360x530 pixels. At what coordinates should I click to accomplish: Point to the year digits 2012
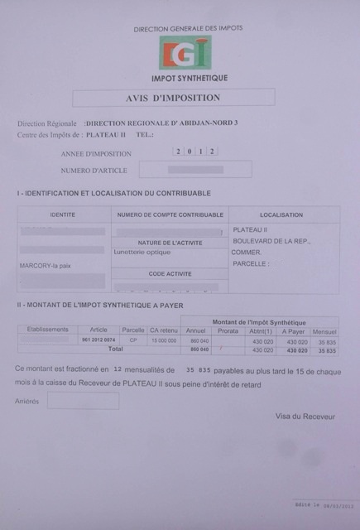point(196,152)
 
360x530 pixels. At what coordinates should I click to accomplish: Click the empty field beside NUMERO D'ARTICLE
point(195,170)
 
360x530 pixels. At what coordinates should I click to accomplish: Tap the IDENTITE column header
point(63,215)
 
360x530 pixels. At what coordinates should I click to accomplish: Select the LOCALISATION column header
point(281,215)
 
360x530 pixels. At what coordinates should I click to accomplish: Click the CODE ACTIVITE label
point(169,273)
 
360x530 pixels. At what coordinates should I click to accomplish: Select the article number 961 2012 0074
point(98,340)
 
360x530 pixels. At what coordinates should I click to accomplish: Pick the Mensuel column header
point(324,330)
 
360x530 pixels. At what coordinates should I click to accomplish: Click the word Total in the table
point(105,349)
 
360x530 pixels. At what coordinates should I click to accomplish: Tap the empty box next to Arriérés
point(83,401)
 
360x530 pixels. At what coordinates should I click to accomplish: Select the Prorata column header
point(228,330)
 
